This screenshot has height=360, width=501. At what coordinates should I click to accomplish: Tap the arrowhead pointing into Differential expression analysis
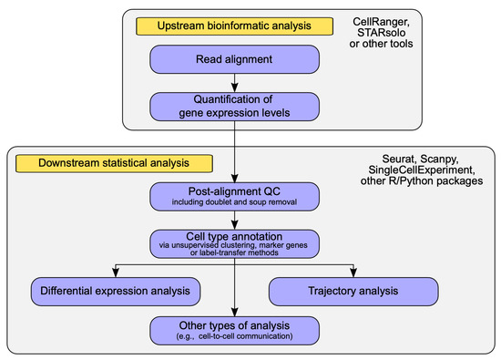tap(115, 274)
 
